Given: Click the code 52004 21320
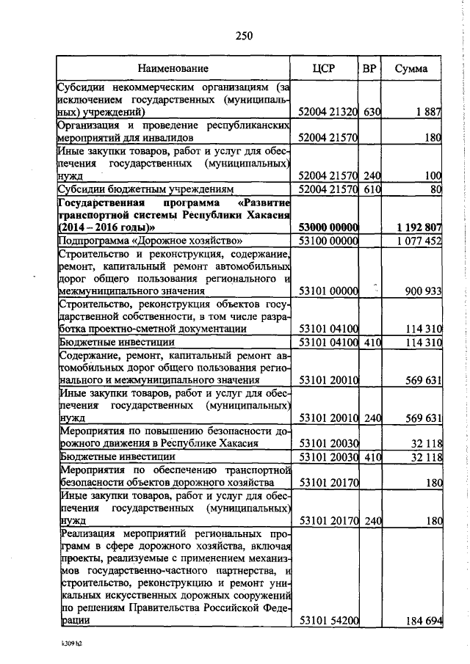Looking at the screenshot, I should coord(328,112).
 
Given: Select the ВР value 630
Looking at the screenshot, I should coord(372,112).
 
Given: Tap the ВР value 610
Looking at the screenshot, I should coord(372,190).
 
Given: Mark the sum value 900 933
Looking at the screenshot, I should coord(422,291).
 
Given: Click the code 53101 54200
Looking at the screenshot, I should coord(328,621).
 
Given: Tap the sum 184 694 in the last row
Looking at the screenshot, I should coord(422,621).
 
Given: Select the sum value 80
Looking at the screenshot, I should coord(435,190).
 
